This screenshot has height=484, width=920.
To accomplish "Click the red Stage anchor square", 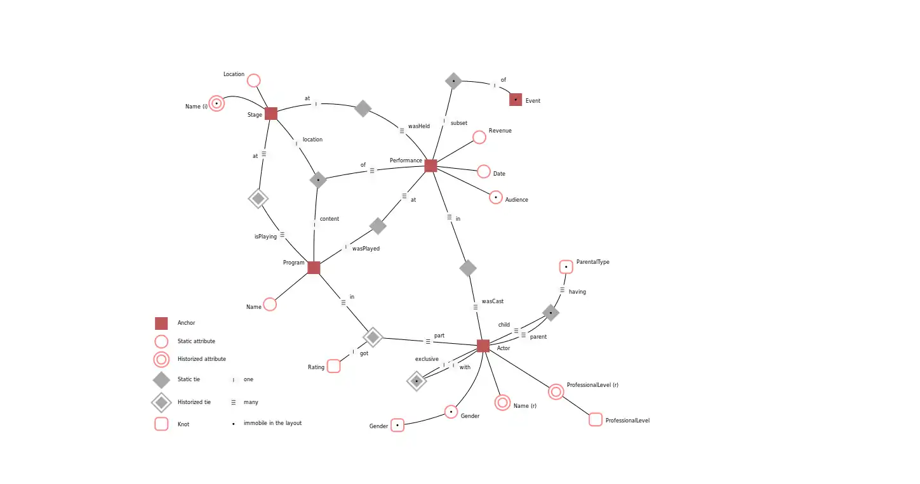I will point(271,114).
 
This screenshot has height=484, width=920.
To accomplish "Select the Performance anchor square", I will point(430,166).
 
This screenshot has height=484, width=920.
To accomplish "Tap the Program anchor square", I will point(314,268).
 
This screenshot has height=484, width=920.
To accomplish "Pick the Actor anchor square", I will point(483,346).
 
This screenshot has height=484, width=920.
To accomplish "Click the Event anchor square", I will point(516,100).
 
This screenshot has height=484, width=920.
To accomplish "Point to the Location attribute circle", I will point(253,81).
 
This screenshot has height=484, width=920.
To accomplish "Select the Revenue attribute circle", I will point(479,137).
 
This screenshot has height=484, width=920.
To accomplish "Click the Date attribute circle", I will point(484,172).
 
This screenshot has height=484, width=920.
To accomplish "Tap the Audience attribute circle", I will point(496,197).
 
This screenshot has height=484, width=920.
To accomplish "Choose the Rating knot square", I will point(334,366).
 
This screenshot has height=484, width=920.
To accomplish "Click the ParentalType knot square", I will point(566,267).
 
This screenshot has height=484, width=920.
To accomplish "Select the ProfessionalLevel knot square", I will point(596,419).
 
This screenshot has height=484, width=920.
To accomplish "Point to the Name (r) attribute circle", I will point(502,402).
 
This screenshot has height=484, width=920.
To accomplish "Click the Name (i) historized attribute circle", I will point(217,103).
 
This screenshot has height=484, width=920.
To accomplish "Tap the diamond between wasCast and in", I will point(468,268).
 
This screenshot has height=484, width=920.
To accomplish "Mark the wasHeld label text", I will point(418,126).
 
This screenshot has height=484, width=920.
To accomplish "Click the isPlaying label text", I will point(265,237).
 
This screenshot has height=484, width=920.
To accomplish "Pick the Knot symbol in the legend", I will point(161,424).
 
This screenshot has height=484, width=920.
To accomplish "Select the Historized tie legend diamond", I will point(161,402).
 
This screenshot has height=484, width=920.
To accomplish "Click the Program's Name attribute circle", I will point(270,304).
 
